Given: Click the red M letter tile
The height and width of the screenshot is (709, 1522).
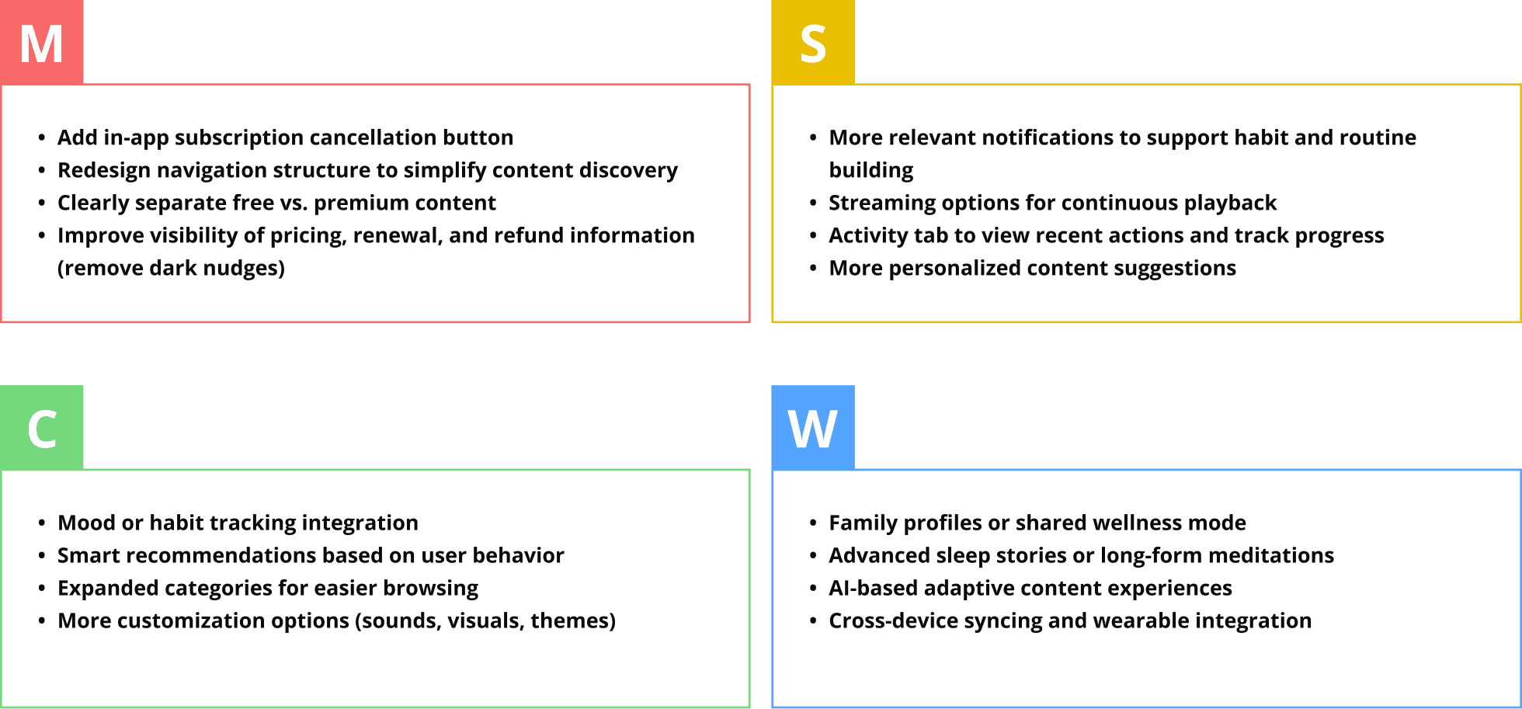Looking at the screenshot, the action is pos(42,42).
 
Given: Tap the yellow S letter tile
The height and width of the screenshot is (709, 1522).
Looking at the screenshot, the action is pos(813,42).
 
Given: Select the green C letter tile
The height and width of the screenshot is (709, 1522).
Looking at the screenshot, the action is pos(42,427).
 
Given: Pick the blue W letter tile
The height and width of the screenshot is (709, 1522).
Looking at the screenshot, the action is pos(813,427).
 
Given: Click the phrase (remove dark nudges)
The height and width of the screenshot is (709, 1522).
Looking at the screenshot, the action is pos(171,269).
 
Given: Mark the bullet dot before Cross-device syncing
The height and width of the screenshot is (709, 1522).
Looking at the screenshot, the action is pos(813,620).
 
